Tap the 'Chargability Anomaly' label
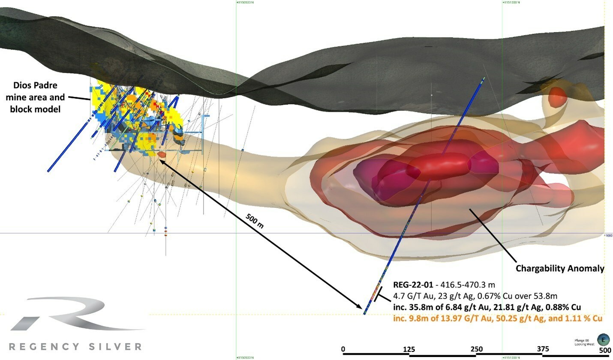tap(560, 269)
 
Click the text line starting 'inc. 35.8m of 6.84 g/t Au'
tap(487, 307)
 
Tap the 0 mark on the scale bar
tap(343, 349)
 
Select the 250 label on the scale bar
tap(476, 349)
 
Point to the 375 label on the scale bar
tap(543, 349)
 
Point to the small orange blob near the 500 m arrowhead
tap(162, 154)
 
